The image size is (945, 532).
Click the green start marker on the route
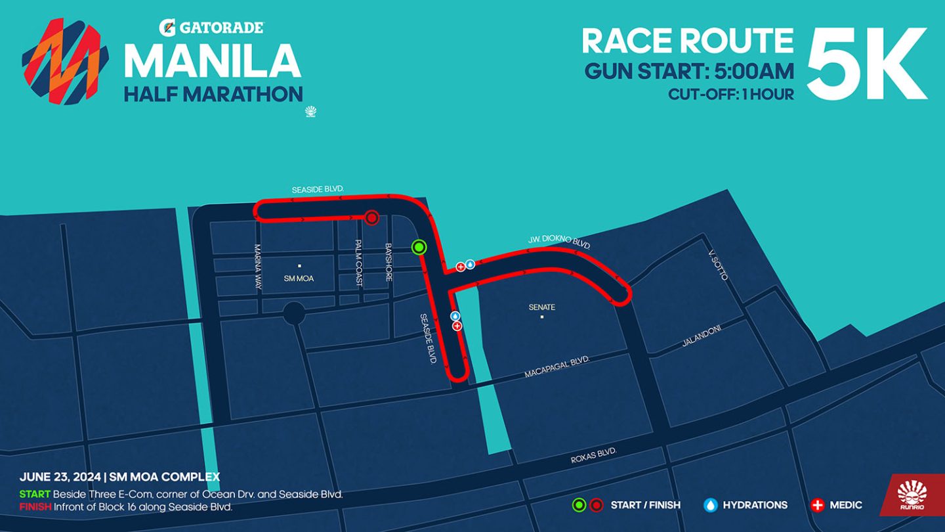pyautogui.click(x=419, y=247)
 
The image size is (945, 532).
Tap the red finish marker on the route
pyautogui.click(x=372, y=217)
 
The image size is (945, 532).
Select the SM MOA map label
pyautogui.click(x=299, y=278)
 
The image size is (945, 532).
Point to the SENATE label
pyautogui.click(x=542, y=307)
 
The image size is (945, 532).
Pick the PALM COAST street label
pyautogui.click(x=359, y=263)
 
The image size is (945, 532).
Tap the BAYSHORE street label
pyautogui.click(x=388, y=263)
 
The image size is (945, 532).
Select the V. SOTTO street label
pyautogui.click(x=718, y=265)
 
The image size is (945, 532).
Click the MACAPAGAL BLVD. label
pyautogui.click(x=557, y=368)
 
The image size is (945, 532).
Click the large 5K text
pyautogui.click(x=866, y=64)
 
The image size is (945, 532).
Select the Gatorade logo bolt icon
pyautogui.click(x=166, y=27)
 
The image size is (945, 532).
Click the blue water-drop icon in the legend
pyautogui.click(x=710, y=505)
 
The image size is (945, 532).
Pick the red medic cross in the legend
pyautogui.click(x=818, y=505)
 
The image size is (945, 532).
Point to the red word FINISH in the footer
pyautogui.click(x=35, y=506)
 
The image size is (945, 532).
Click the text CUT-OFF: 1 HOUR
pyautogui.click(x=731, y=94)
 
